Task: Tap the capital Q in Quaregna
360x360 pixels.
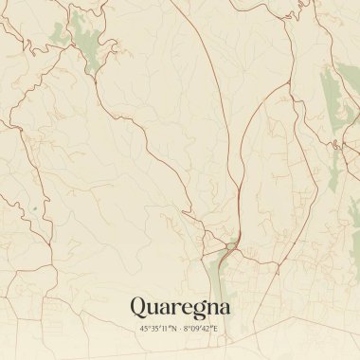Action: click(x=137, y=307)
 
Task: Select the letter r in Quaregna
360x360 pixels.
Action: click(x=172, y=309)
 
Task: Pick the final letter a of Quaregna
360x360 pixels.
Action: click(x=223, y=309)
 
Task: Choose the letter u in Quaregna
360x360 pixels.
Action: click(x=153, y=309)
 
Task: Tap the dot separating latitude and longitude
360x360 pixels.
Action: click(x=179, y=329)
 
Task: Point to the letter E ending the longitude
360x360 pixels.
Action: click(x=216, y=329)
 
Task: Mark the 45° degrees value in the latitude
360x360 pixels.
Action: click(x=145, y=329)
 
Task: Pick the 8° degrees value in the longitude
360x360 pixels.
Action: click(x=187, y=329)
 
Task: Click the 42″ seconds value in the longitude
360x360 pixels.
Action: click(x=208, y=329)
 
